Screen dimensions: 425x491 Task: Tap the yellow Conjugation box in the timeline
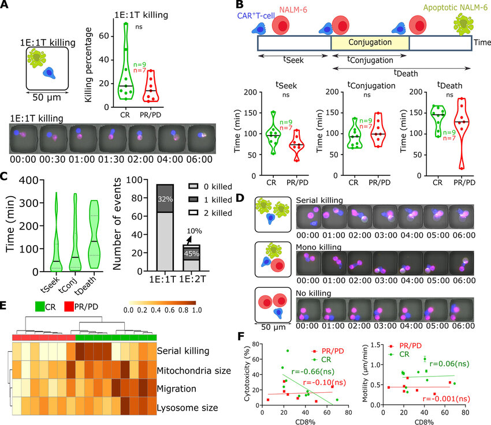pyautogui.click(x=370, y=42)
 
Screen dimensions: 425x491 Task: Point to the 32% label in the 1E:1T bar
pyautogui.click(x=164, y=200)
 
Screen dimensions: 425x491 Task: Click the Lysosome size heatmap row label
pyautogui.click(x=188, y=408)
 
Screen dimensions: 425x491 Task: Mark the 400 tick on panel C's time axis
pyautogui.click(x=27, y=180)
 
